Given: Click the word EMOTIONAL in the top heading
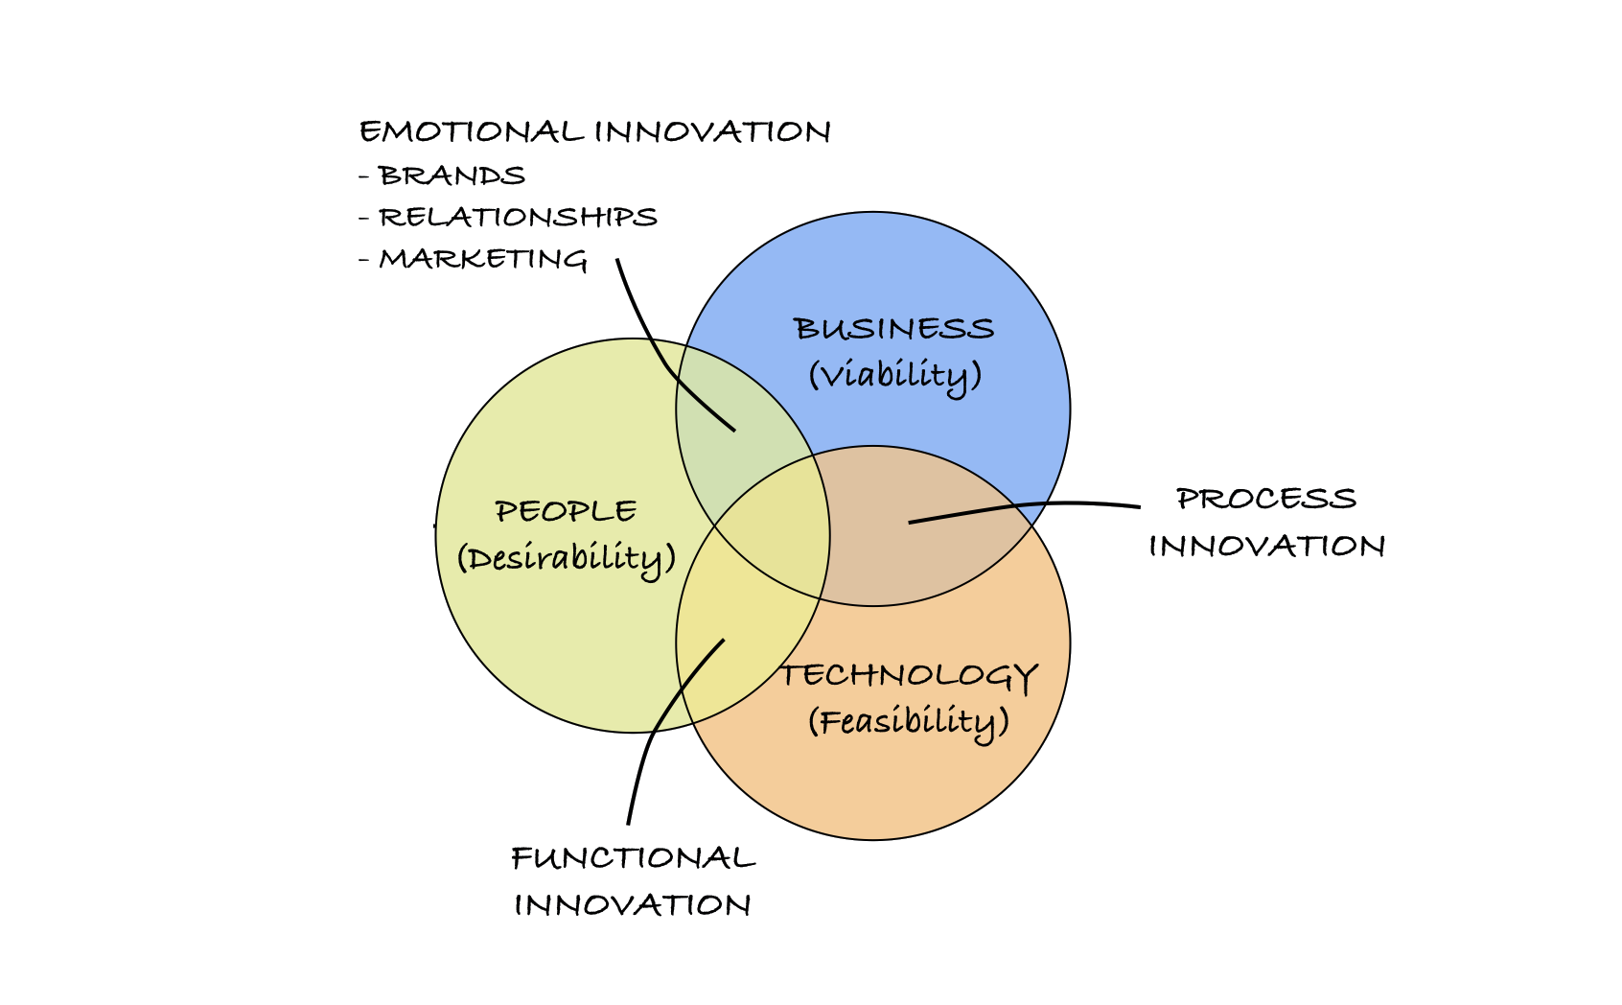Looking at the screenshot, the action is click(472, 132).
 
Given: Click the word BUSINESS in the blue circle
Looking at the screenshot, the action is click(894, 329).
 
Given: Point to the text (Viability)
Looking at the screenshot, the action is click(895, 375).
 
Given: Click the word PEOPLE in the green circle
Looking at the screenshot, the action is click(566, 511).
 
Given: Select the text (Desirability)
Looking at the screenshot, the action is click(567, 559).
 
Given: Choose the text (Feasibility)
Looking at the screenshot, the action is click(909, 722).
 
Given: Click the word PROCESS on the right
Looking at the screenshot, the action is click(1266, 500).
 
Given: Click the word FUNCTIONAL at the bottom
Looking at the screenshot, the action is click(634, 858).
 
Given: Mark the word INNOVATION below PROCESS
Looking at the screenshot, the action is click(1266, 547).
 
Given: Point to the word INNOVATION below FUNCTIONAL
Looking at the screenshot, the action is click(632, 905).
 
